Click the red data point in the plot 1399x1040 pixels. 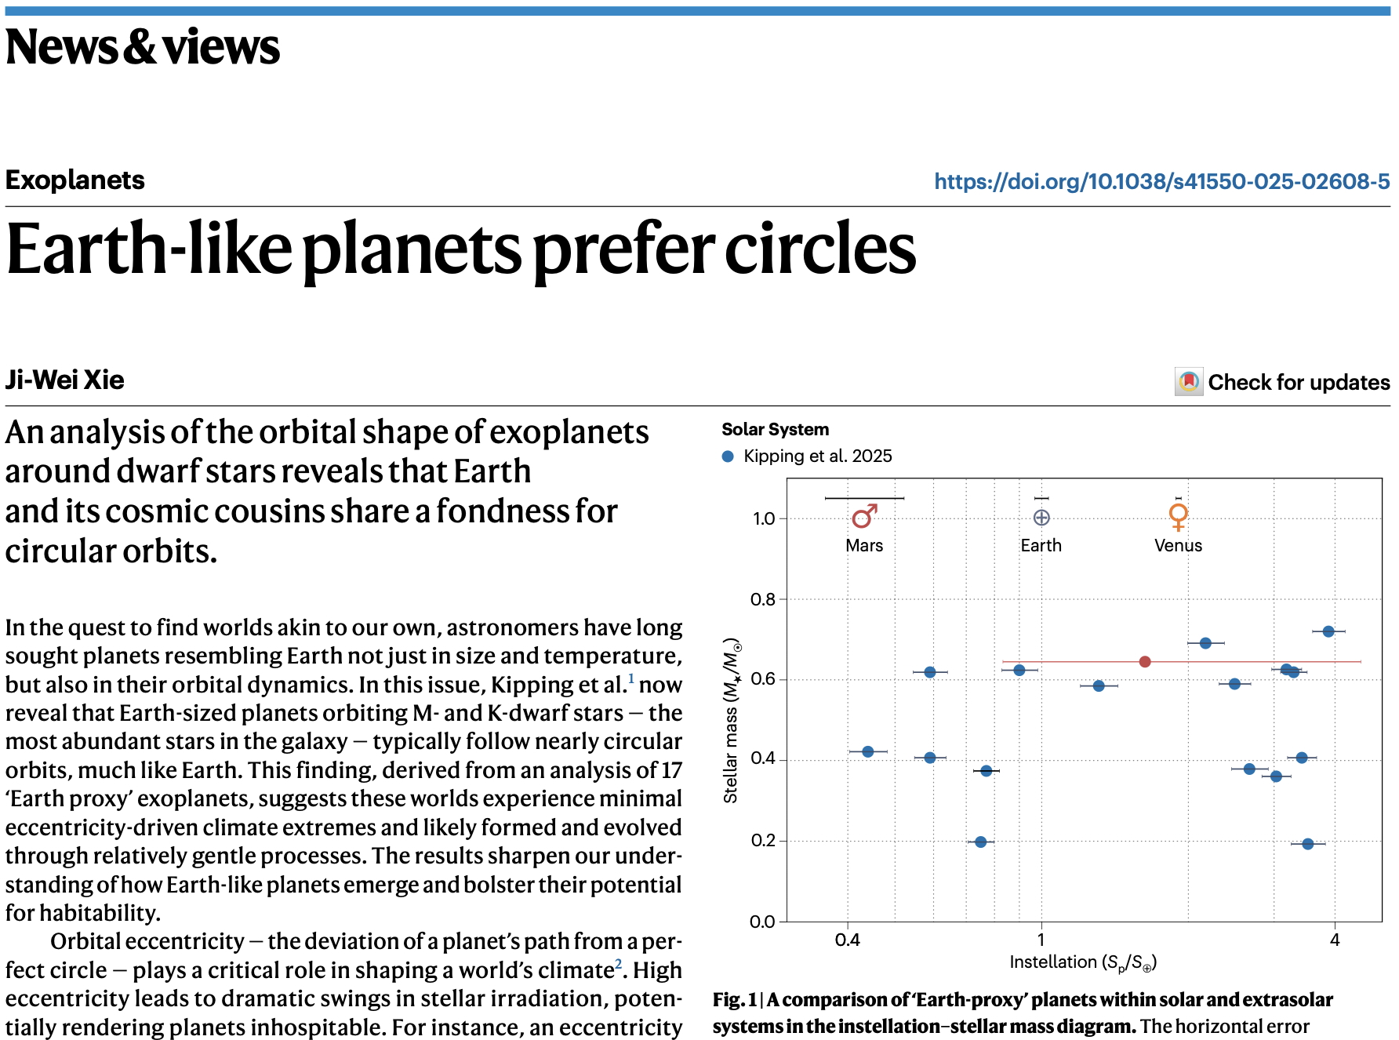coord(1145,662)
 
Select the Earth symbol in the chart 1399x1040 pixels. coord(1041,518)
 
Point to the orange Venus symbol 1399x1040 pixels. coord(1178,516)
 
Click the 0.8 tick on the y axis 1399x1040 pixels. coord(763,600)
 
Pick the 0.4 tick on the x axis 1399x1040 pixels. coord(848,940)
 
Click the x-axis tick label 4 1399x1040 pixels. coord(1335,940)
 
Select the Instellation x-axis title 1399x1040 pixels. coord(1083,963)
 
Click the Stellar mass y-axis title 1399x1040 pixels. coord(731,720)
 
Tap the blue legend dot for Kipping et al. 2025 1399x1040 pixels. coord(728,456)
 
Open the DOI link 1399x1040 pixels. coord(1161,182)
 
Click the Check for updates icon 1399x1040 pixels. coord(1189,382)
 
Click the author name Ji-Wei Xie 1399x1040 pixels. coord(65,380)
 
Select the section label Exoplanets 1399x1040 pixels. coord(75,180)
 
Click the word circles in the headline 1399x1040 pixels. coord(820,249)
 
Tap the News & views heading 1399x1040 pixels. coord(142,47)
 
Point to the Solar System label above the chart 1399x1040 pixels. coord(775,430)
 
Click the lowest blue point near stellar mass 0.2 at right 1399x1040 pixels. coord(1307,844)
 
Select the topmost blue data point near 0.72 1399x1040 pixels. coord(1328,631)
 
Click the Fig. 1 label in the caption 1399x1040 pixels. coord(734,1000)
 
